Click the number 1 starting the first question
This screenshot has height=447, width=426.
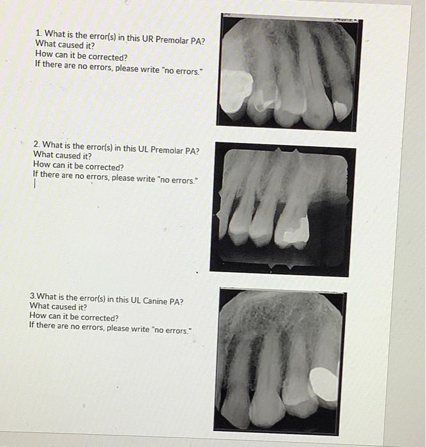(38, 33)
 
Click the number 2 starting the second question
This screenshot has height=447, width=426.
(36, 144)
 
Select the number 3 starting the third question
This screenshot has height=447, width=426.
(33, 296)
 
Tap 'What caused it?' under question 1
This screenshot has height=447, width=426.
(65, 44)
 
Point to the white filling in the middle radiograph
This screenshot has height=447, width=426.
(295, 234)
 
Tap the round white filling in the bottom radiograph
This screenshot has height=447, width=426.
(324, 383)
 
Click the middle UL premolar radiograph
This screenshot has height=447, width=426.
(282, 209)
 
